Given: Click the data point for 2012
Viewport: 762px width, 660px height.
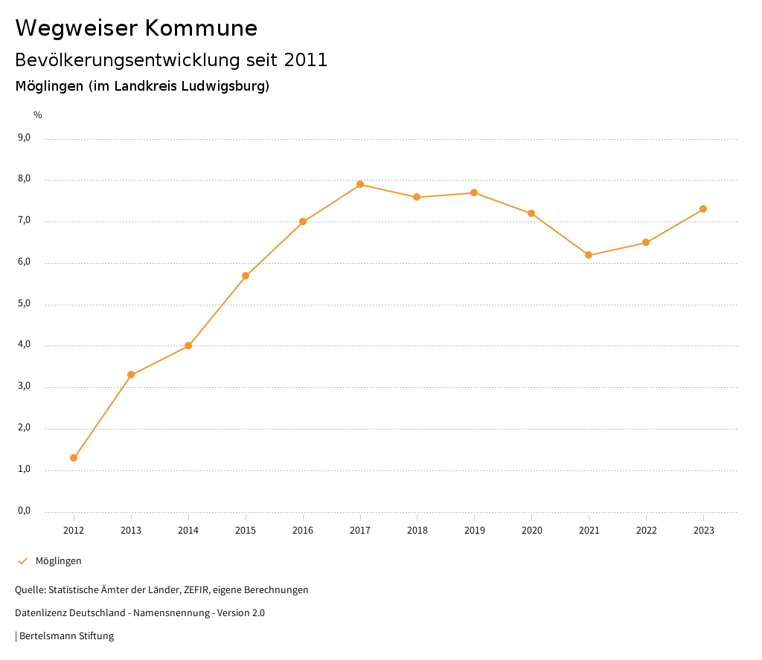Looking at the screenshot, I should tap(74, 458).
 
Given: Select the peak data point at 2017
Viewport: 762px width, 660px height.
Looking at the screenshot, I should tap(360, 184).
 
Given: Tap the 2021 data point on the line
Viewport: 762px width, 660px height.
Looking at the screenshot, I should tap(589, 255).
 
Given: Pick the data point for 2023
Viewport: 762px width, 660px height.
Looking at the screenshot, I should tap(703, 209).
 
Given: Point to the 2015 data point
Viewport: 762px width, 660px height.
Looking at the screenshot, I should tap(246, 276).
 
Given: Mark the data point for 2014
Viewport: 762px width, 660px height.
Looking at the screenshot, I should tap(188, 346).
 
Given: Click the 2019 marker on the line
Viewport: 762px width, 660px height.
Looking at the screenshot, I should tap(474, 192).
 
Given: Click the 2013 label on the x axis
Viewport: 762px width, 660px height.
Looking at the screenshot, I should tap(131, 530).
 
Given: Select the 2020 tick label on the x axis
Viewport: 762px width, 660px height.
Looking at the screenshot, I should tap(531, 530).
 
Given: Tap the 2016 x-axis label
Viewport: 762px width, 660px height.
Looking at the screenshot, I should tap(303, 530).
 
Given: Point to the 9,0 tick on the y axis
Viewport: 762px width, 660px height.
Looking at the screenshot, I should tap(25, 137).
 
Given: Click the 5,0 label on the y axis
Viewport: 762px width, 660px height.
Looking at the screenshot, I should tap(25, 303).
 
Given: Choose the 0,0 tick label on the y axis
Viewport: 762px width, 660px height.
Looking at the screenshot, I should tap(25, 511).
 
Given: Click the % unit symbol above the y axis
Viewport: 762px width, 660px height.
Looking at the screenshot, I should tap(38, 114).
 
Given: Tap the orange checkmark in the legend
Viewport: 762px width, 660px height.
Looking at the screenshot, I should tap(22, 561).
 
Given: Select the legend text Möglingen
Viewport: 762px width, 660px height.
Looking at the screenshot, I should tap(59, 561).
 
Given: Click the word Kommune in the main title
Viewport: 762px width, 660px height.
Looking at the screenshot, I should tap(201, 28).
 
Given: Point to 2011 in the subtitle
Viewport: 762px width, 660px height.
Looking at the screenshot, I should tap(306, 60).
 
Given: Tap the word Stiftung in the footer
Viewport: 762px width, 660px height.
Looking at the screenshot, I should tap(97, 636).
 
